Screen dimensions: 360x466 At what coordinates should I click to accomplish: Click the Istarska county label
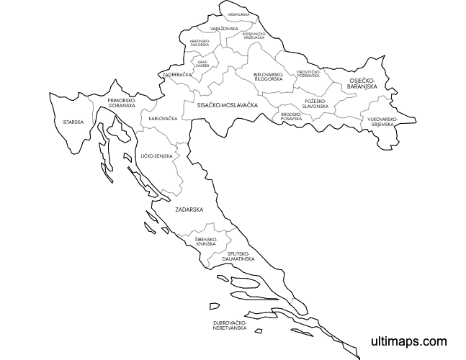point(73,122)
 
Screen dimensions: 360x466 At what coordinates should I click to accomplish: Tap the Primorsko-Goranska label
point(122,103)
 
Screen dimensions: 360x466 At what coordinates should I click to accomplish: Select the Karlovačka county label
point(163,118)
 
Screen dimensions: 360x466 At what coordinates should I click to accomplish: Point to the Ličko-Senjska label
point(156,156)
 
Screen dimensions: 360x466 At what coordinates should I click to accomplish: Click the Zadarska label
point(189,210)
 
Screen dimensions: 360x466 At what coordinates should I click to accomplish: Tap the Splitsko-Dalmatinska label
point(238,256)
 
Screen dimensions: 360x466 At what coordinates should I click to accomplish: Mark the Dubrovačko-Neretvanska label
point(230,325)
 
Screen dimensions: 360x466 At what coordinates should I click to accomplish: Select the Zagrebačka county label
point(177,74)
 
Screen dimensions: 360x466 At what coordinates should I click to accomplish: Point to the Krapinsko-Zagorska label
point(200,43)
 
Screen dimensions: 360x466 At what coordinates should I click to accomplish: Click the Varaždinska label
point(224,28)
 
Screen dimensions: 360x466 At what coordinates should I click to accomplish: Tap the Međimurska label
point(238,14)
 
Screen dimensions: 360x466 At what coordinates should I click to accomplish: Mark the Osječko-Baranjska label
point(364,84)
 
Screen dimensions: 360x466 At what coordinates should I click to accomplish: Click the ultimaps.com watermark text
point(408,341)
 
